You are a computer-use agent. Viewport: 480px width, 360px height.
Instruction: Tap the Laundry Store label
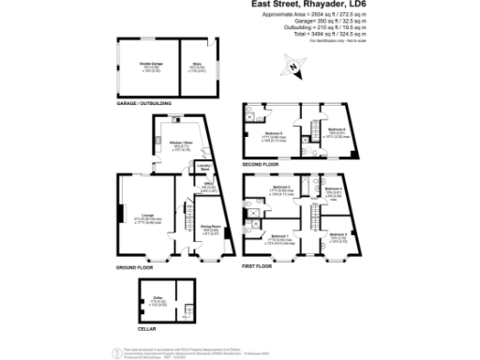206,167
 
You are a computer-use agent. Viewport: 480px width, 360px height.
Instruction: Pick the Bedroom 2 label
280,187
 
